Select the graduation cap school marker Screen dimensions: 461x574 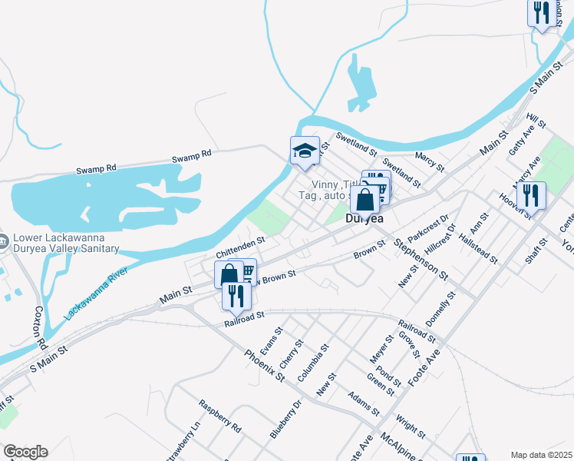click(305, 151)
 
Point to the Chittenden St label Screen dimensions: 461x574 click(240, 247)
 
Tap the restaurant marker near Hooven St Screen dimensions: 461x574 click(531, 195)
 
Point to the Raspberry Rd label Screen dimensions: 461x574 click(220, 416)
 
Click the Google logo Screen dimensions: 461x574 click(25, 452)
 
